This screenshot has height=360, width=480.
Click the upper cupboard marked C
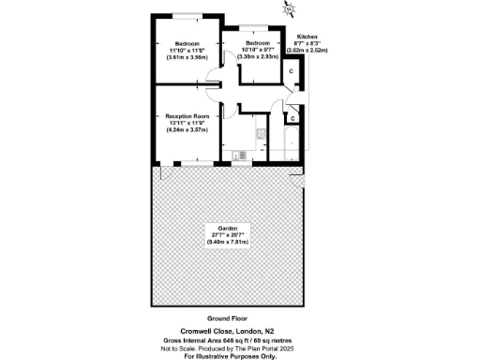click(x=292, y=71)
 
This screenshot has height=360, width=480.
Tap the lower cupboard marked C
click(x=292, y=119)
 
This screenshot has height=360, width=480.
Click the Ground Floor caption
click(x=229, y=319)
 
